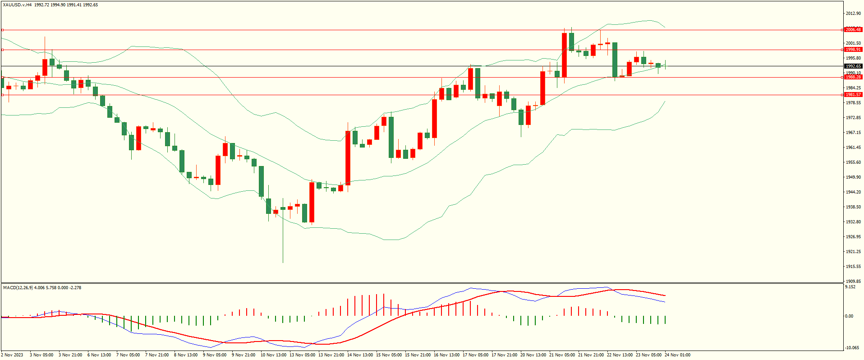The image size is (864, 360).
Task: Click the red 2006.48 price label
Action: [x=853, y=30]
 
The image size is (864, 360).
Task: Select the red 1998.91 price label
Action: [x=853, y=50]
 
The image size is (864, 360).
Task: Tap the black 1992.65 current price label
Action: [x=853, y=66]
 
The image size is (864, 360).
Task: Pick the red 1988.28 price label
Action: [x=853, y=77]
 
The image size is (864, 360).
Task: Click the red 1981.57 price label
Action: [x=853, y=95]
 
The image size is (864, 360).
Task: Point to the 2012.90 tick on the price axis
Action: [x=853, y=14]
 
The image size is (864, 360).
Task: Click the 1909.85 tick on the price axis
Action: [x=853, y=281]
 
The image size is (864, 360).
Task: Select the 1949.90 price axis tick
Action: [x=853, y=177]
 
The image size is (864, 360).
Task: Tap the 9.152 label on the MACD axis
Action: [x=850, y=287]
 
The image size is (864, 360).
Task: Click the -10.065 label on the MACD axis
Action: [x=851, y=348]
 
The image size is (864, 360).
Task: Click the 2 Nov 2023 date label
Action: [x=13, y=355]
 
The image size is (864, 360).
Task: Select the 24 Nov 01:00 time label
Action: [x=677, y=355]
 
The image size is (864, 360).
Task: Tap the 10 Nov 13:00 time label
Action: [x=273, y=355]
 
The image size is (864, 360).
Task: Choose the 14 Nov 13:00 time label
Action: [x=360, y=355]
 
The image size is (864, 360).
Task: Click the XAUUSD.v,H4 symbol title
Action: [x=17, y=5]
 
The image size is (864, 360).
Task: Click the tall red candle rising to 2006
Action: [x=564, y=55]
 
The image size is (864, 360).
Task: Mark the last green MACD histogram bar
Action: [x=665, y=320]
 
